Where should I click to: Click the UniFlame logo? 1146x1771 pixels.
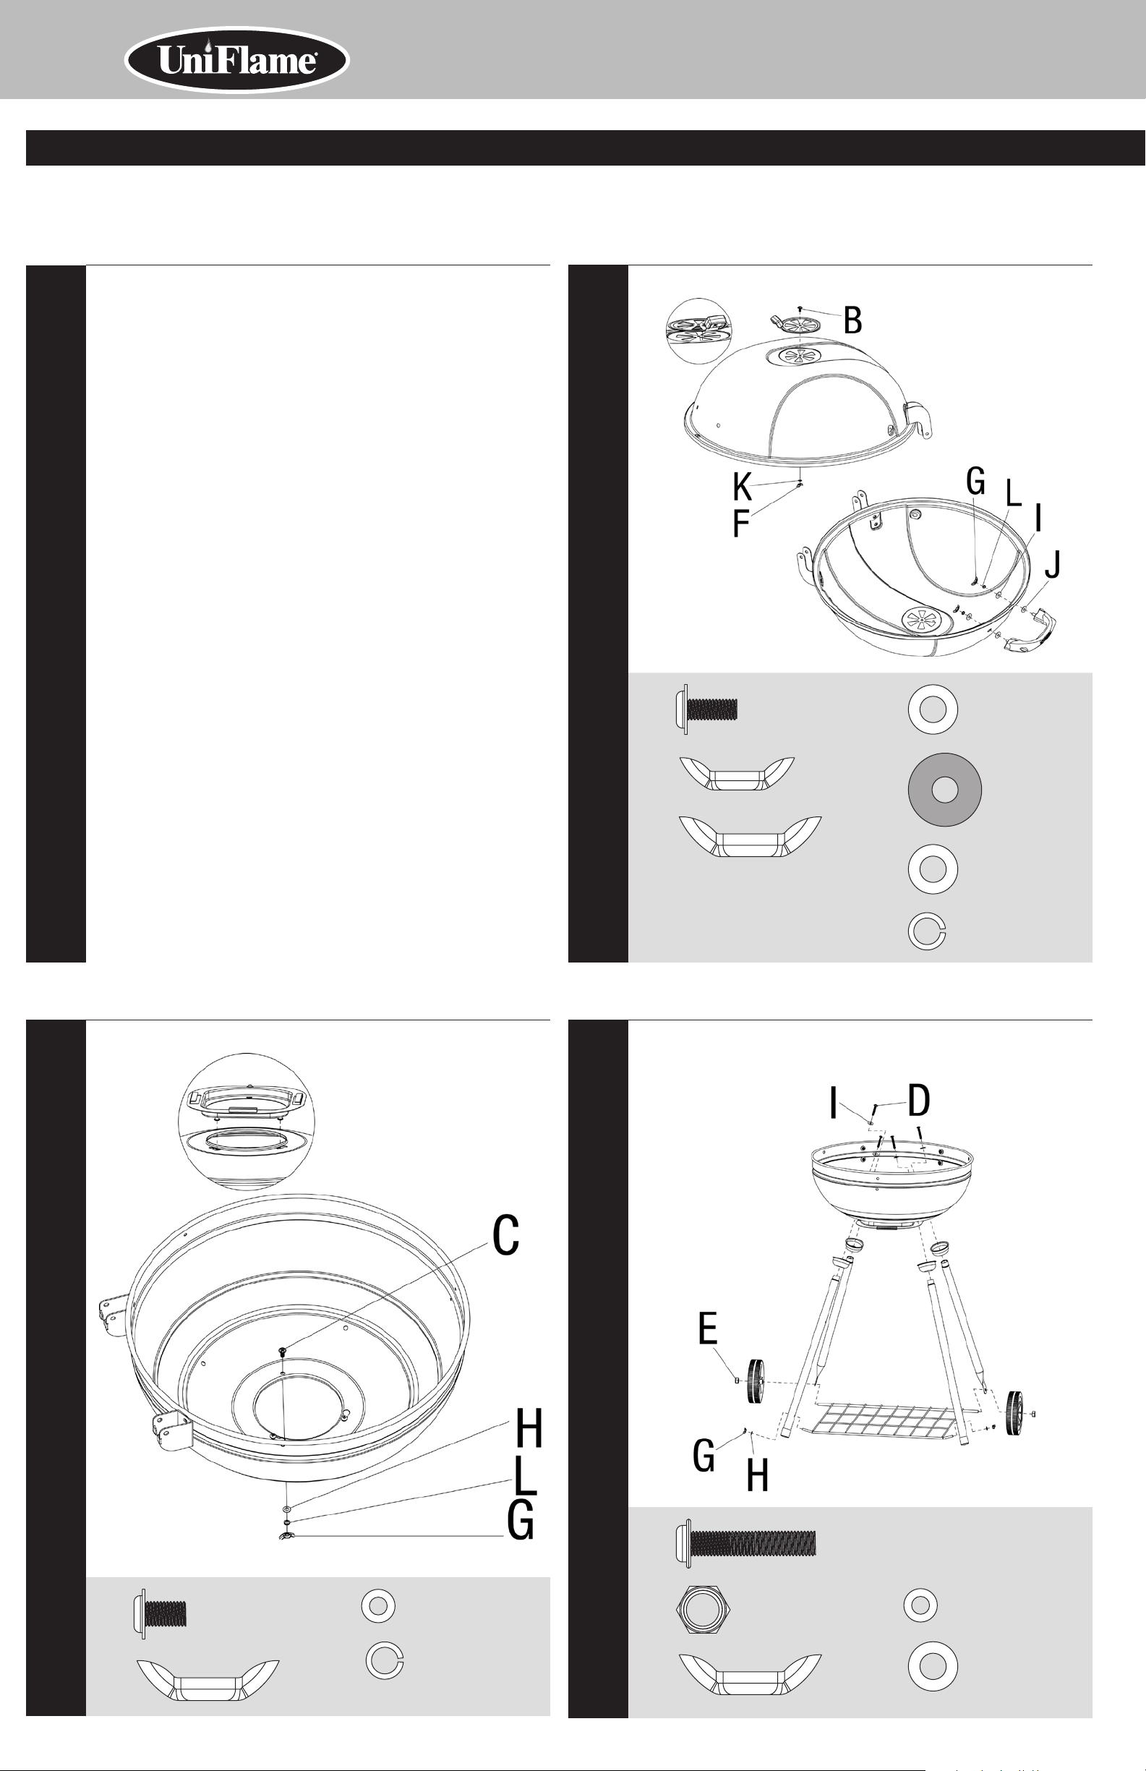(x=236, y=60)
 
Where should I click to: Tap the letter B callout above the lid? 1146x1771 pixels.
(x=852, y=320)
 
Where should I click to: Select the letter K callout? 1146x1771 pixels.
(x=742, y=487)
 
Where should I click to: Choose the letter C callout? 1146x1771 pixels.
(x=506, y=1236)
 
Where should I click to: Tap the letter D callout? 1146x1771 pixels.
(x=919, y=1101)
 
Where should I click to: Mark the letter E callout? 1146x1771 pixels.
(x=708, y=1328)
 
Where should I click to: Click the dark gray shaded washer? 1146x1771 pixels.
(x=944, y=790)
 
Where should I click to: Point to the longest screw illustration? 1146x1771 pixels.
(x=745, y=1542)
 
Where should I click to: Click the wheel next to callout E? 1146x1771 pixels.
(x=756, y=1382)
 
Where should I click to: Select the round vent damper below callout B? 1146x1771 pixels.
(x=796, y=326)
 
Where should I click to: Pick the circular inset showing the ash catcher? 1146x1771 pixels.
(x=247, y=1122)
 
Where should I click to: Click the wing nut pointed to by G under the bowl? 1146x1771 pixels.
(x=286, y=1537)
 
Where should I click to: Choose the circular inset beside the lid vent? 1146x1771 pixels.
(x=698, y=330)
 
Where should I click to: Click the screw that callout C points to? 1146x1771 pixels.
(x=283, y=1351)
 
